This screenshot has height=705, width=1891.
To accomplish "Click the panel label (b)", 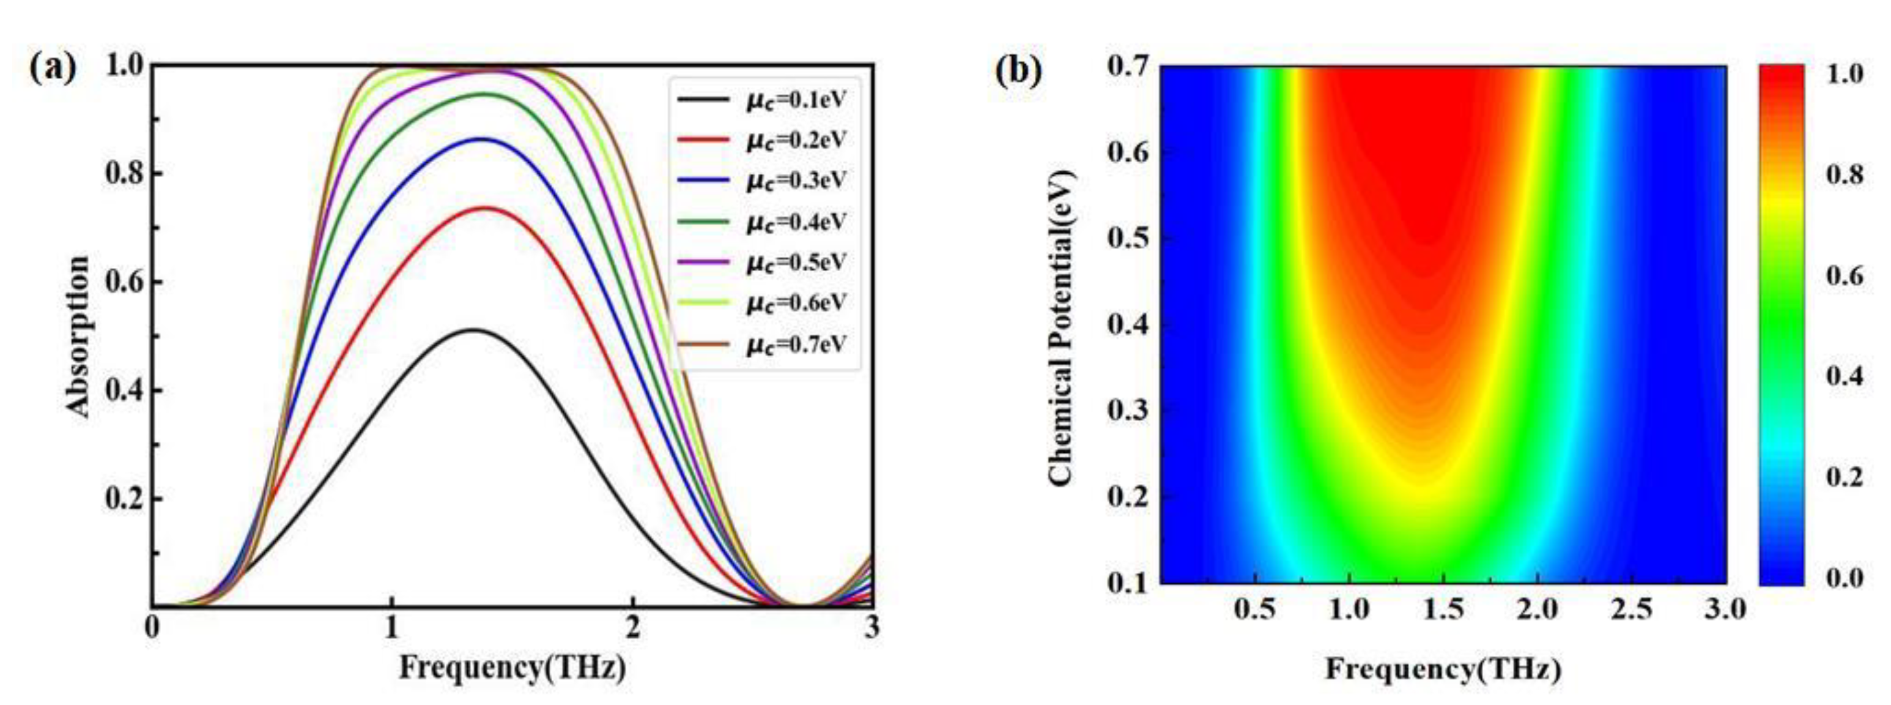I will [1018, 71].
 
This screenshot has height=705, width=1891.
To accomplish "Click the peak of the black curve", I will [474, 330].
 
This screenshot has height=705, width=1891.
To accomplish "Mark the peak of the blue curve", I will [481, 139].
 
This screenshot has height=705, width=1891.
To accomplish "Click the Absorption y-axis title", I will [78, 337].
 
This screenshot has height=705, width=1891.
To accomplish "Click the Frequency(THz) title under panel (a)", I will [513, 668].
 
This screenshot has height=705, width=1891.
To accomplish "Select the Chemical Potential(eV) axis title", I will [1060, 327].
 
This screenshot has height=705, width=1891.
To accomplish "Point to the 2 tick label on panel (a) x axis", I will [632, 629].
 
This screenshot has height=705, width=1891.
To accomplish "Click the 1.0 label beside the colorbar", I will [1843, 75].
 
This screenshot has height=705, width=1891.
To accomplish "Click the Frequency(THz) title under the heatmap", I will [1443, 669].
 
